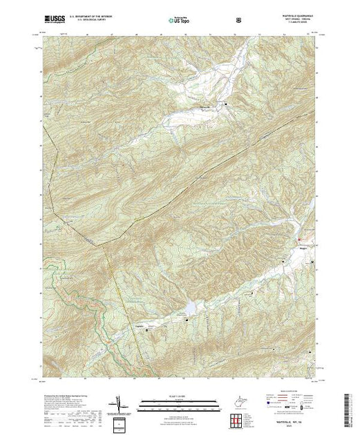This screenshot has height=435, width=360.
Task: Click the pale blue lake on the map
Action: coord(188,304)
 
